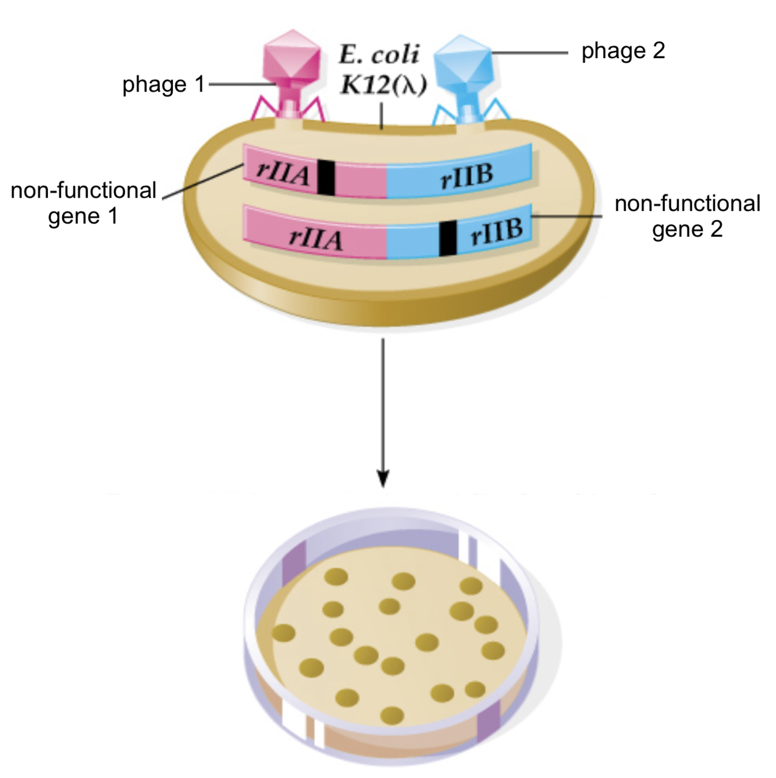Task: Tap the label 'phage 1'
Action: [x=164, y=85]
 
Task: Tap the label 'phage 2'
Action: [x=623, y=51]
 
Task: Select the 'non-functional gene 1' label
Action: [x=84, y=203]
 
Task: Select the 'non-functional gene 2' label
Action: [x=687, y=216]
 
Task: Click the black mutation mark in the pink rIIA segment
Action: [x=326, y=177]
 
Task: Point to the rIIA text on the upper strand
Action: [x=283, y=172]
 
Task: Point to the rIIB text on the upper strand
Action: [x=467, y=176]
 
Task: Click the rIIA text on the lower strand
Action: [x=315, y=238]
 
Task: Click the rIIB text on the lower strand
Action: [x=496, y=231]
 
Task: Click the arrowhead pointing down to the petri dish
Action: [x=383, y=478]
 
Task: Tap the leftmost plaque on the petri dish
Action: [x=284, y=632]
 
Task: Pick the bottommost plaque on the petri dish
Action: [x=392, y=716]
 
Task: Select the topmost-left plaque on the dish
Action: [x=336, y=576]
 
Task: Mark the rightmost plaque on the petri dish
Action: [x=493, y=651]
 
